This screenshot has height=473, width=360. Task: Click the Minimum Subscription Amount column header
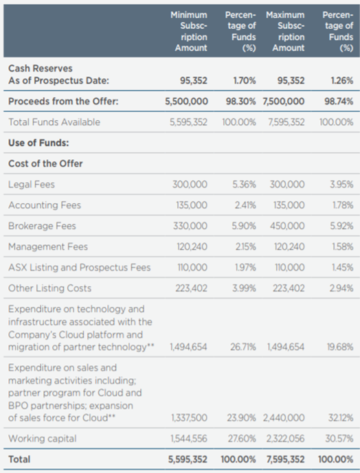tap(189, 32)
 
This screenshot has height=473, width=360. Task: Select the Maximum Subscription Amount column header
tap(285, 32)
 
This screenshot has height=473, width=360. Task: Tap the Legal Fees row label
tap(32, 184)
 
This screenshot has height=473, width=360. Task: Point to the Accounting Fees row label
tap(45, 205)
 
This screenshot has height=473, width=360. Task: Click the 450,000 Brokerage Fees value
tap(287, 226)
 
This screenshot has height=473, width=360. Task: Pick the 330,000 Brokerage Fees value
tap(190, 226)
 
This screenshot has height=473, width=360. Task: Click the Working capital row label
tap(43, 438)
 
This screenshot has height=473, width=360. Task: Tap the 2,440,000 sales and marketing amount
tap(284, 418)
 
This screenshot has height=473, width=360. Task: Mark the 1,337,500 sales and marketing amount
tap(189, 418)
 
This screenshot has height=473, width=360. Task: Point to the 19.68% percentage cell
tap(340, 347)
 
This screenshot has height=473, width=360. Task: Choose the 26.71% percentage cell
tap(243, 347)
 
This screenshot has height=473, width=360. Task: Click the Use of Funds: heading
tap(38, 143)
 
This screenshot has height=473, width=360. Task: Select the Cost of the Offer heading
tap(45, 163)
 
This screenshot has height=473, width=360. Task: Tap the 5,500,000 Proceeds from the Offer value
tap(186, 102)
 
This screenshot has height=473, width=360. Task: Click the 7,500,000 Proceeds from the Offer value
tap(284, 102)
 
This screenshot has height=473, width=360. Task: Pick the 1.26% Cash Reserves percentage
tap(342, 80)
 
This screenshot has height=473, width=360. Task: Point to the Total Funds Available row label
tap(54, 122)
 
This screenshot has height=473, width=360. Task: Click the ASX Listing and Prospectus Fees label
tap(80, 268)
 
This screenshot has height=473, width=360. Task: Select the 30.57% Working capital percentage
tap(339, 438)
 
